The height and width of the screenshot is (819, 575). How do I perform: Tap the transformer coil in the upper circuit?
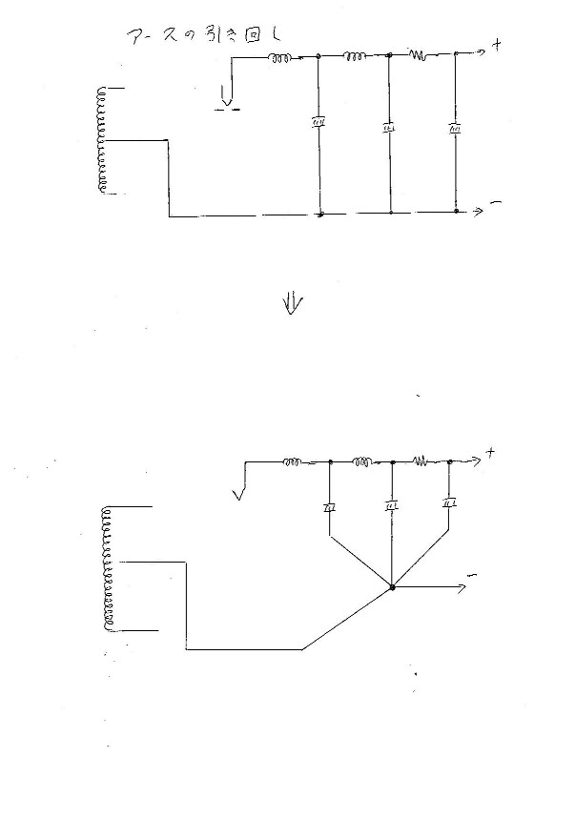coord(100,140)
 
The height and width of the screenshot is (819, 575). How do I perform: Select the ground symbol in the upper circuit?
coord(227,96)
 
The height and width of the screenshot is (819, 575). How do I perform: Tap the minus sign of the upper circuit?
coord(496,204)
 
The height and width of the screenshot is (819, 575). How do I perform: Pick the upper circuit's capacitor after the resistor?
coord(456,127)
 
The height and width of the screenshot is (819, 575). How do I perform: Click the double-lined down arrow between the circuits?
coord(293,302)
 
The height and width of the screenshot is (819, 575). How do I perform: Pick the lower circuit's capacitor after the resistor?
coord(449,503)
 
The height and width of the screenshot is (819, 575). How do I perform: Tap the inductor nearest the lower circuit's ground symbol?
coord(292,462)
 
